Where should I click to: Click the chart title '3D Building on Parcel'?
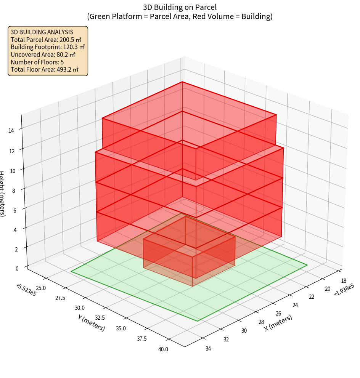(x=180, y=7)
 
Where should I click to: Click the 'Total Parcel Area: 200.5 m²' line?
(x=46, y=39)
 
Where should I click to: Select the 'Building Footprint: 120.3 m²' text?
(x=48, y=47)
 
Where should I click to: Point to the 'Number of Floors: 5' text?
(x=37, y=62)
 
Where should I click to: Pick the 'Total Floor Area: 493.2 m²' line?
(x=44, y=69)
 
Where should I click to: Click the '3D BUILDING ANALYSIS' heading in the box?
(x=42, y=32)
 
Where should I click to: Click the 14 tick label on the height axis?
(x=11, y=131)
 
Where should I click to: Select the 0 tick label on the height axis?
(x=16, y=268)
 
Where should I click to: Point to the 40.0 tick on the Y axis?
(x=162, y=349)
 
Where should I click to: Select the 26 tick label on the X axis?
(x=278, y=314)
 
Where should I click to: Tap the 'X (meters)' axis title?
(x=278, y=323)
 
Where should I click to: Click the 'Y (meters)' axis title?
(x=92, y=323)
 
